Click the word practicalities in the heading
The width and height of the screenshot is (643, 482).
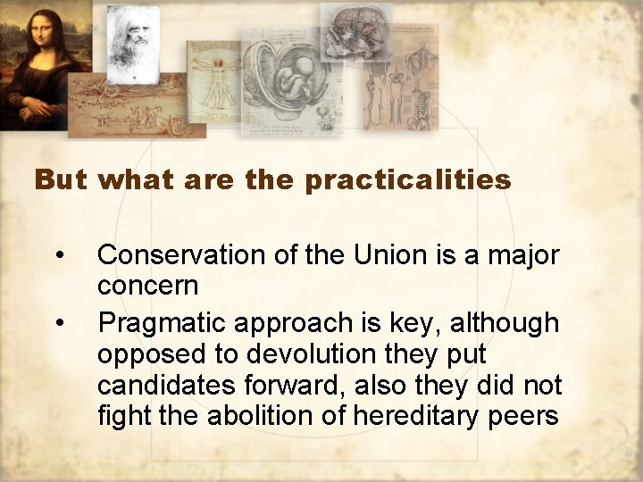click(x=408, y=181)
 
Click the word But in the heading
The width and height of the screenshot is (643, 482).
click(x=62, y=180)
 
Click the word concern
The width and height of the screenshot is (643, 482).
click(x=147, y=287)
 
